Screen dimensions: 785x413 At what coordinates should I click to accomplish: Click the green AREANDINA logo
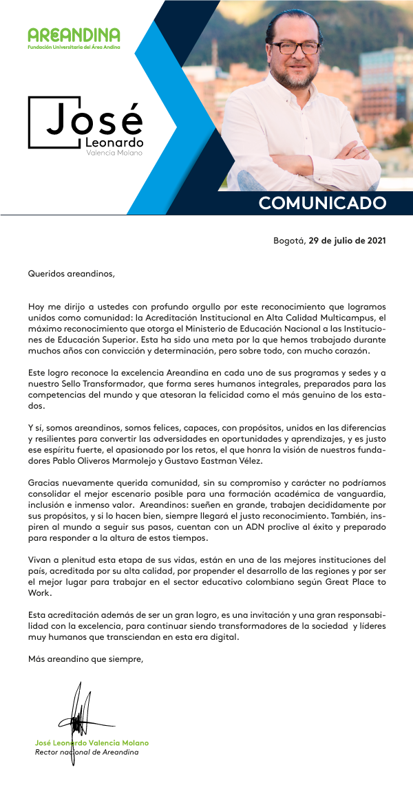[x=74, y=35]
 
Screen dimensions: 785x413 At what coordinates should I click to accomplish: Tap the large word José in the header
[x=95, y=120]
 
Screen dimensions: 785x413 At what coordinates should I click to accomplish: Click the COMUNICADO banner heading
[x=322, y=203]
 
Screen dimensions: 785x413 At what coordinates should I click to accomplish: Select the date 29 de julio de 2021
[x=347, y=241]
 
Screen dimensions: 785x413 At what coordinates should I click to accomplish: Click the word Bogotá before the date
[x=289, y=241]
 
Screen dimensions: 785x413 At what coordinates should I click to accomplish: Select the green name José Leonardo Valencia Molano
[x=92, y=743]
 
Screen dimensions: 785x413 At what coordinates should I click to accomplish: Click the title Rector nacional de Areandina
[x=87, y=752]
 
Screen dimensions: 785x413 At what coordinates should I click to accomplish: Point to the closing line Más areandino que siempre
[x=85, y=658]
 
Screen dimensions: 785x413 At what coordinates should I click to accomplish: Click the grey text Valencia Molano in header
[x=114, y=153]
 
